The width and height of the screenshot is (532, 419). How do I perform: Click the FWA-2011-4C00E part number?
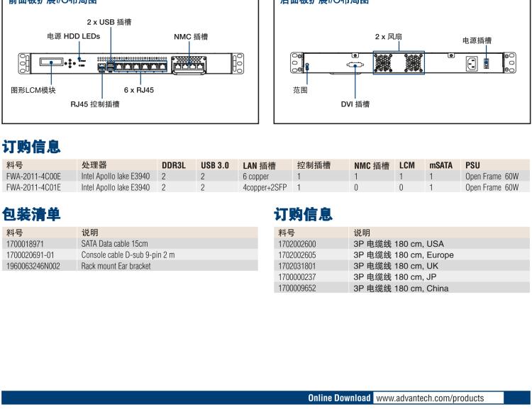(33, 177)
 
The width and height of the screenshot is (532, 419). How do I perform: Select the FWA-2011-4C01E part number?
(33, 187)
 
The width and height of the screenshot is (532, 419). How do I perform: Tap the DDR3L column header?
(173, 165)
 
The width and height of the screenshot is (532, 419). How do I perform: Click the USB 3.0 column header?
(214, 165)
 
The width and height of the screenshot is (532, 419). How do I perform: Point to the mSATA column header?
(440, 165)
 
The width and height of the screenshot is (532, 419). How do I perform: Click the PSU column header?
(472, 165)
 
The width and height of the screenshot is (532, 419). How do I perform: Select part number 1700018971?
(25, 243)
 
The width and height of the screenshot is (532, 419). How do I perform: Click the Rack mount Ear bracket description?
(116, 266)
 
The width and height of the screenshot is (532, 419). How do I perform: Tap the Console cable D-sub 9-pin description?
(128, 255)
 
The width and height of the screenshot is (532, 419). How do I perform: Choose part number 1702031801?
(297, 266)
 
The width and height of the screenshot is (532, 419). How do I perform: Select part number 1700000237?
(297, 277)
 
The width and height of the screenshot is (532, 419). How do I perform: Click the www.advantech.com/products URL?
(430, 398)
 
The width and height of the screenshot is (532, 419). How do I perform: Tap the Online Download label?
(338, 398)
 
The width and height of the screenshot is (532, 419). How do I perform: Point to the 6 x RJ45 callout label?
(138, 90)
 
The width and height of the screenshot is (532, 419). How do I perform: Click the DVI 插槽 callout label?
(355, 104)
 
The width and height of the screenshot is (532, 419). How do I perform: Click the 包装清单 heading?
(31, 213)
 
